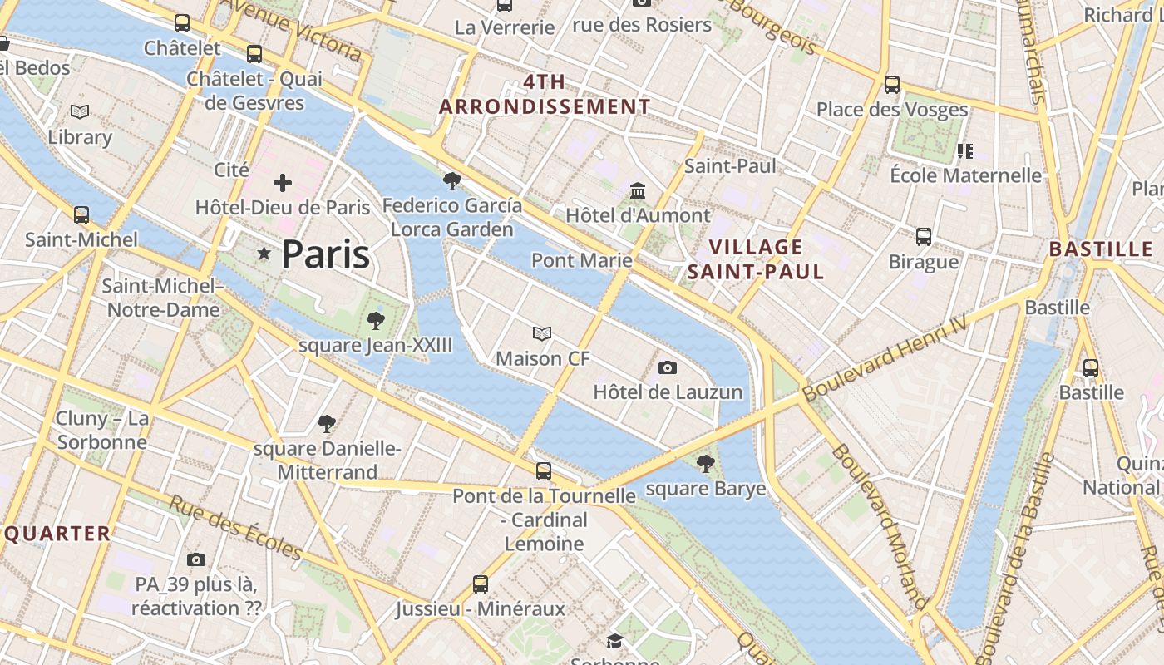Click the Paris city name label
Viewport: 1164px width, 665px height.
click(325, 254)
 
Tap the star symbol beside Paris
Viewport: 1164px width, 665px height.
click(264, 254)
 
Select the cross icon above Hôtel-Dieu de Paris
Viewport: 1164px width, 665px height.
click(283, 183)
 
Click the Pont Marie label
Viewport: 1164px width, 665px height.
click(581, 260)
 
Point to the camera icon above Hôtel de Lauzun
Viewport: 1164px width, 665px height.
click(667, 367)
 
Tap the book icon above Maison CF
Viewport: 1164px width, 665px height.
click(542, 334)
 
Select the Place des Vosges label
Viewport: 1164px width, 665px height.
click(891, 109)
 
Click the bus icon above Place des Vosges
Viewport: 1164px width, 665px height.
click(892, 84)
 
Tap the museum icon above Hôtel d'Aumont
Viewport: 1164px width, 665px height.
click(638, 191)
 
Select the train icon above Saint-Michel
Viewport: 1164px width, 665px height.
click(81, 215)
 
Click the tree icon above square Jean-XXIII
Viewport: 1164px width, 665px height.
click(376, 320)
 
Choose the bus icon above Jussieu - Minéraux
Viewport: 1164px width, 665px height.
click(481, 584)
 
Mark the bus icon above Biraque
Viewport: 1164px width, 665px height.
click(923, 237)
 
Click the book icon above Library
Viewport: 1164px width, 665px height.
click(80, 112)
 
